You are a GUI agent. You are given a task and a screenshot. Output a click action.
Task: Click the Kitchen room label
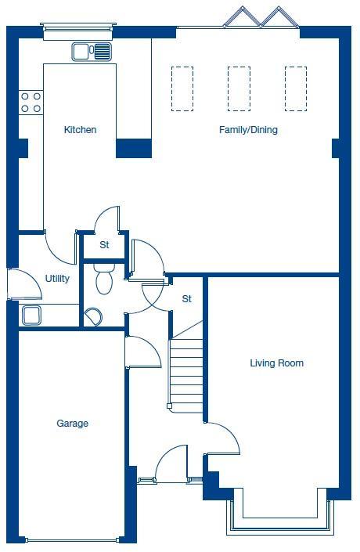click(80, 130)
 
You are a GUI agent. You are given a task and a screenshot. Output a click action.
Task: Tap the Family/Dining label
click(248, 130)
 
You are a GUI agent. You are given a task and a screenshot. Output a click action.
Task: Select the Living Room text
click(276, 363)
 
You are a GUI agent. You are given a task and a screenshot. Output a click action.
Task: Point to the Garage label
click(72, 424)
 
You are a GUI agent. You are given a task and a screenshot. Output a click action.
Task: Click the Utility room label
click(57, 278)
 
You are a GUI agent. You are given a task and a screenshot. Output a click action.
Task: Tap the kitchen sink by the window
click(92, 52)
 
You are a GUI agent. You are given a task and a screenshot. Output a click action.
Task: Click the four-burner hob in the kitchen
click(31, 101)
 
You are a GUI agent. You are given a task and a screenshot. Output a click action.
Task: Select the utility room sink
click(31, 315)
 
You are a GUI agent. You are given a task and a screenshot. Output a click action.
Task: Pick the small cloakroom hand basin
click(93, 316)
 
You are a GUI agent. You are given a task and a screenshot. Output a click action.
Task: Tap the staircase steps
click(186, 368)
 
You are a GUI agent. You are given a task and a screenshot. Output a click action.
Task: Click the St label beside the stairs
click(187, 299)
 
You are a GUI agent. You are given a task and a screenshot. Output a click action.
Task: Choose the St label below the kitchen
click(104, 245)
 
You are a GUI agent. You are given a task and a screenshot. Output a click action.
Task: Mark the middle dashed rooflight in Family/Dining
click(239, 88)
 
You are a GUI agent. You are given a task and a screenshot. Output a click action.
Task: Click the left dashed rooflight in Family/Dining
click(182, 88)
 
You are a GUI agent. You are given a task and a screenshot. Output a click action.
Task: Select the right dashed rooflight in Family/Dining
click(296, 88)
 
